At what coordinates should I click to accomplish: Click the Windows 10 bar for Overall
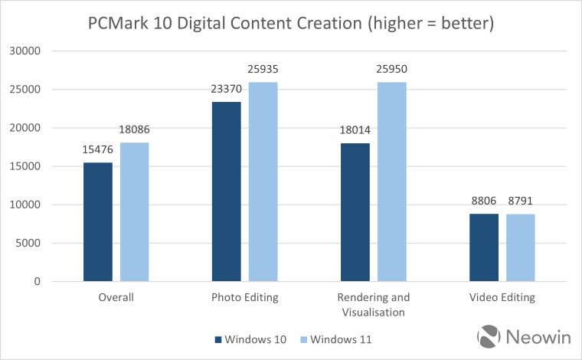(x=99, y=222)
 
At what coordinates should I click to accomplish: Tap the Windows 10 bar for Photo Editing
(x=227, y=191)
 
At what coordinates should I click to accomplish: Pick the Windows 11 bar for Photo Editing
(x=261, y=182)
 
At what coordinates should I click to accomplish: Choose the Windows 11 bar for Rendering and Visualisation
(x=390, y=182)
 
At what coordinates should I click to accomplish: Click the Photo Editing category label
(x=244, y=297)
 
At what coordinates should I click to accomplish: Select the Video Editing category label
(x=502, y=297)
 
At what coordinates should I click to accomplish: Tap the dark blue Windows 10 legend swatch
(x=218, y=338)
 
